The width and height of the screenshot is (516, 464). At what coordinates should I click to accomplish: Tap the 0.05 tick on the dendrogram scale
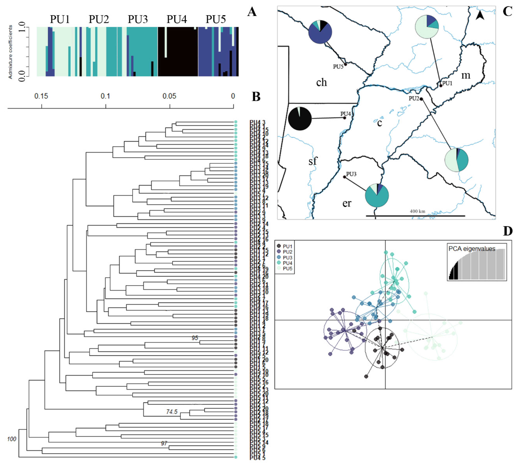tap(169, 96)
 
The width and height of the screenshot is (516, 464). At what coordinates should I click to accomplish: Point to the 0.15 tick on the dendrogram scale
tap(41, 96)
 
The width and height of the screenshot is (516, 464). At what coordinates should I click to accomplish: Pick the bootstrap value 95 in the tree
tap(195, 338)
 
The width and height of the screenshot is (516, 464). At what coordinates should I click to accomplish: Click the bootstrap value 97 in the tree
tap(164, 443)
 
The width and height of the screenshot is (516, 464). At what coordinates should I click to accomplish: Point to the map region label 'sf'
tap(313, 161)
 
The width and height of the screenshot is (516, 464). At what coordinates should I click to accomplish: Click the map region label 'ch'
tap(321, 82)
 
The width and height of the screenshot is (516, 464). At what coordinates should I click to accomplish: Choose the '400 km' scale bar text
tap(417, 211)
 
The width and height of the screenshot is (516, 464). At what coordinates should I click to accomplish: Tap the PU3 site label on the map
tap(351, 174)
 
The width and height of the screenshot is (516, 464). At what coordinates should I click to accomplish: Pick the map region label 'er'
tap(347, 203)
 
